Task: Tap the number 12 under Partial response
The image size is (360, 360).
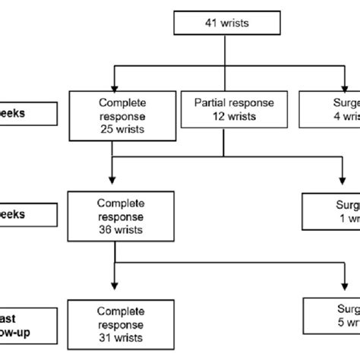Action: (x=205, y=118)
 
